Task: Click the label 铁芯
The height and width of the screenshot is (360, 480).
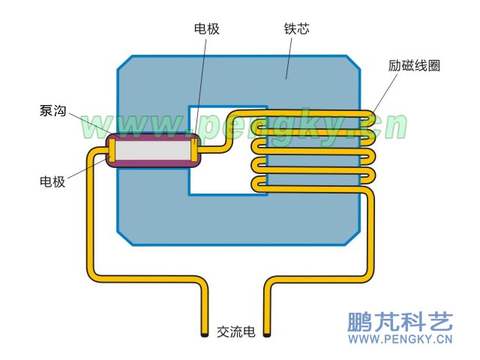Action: point(296,29)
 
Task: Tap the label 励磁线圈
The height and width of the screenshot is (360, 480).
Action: point(413,65)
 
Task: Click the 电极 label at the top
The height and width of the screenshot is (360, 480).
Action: point(206,29)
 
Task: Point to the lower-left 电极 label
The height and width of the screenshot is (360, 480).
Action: point(53,181)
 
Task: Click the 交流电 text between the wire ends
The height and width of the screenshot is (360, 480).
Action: point(235,331)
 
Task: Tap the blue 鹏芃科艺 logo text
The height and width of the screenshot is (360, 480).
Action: point(400,322)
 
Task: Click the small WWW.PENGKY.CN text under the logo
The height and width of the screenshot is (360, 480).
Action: point(400,340)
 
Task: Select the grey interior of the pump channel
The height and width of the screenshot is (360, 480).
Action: point(153,151)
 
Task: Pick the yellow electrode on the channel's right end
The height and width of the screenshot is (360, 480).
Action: point(196,151)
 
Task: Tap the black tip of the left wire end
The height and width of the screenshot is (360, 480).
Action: point(205,333)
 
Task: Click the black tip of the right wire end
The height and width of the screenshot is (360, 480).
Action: point(266,333)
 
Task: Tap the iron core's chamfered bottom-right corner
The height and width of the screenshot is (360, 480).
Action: point(352,236)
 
